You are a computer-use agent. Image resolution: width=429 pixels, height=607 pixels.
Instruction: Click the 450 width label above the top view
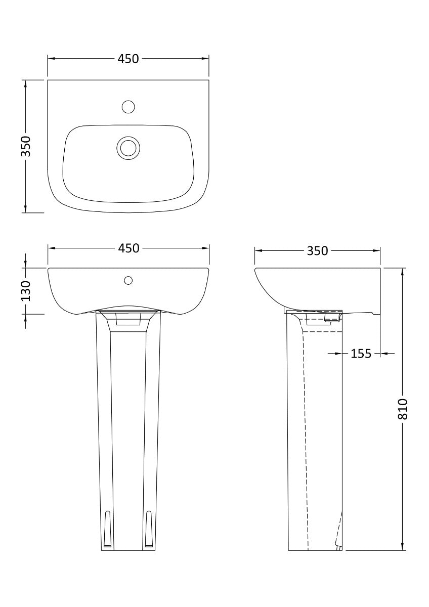tap(128, 59)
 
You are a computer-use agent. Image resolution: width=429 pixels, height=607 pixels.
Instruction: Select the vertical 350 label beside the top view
tap(26, 146)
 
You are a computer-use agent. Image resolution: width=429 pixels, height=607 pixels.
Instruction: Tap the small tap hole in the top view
tap(128, 107)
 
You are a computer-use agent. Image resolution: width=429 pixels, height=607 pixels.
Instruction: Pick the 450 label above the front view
tap(128, 248)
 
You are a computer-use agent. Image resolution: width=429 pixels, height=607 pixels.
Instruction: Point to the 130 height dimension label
tap(26, 291)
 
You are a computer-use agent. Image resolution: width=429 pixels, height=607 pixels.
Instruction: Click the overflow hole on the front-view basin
tap(128, 280)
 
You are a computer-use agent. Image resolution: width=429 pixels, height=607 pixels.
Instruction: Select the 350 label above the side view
tap(318, 250)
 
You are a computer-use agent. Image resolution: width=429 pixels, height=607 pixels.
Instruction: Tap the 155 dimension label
tap(361, 354)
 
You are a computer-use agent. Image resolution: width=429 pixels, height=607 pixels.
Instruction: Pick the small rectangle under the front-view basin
tap(128, 320)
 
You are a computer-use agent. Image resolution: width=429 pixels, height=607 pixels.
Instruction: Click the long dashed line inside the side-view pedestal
tap(306, 435)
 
